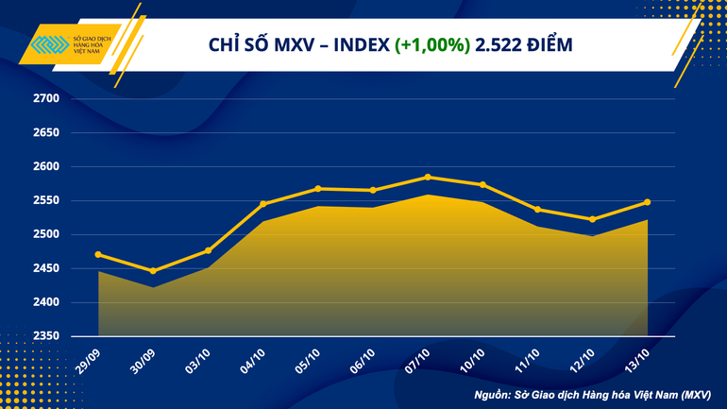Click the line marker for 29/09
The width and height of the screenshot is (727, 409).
point(99,255)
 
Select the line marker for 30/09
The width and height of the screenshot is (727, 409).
point(154,271)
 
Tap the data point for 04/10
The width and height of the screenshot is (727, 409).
point(263,203)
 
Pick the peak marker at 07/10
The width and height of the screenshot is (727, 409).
point(428,177)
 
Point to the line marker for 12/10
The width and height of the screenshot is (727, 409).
point(592,219)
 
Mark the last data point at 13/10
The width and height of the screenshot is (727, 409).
point(647,202)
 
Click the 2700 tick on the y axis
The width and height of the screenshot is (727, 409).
point(45,99)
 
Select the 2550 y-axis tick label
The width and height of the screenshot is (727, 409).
point(45,201)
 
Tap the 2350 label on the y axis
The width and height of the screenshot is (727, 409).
point(45,336)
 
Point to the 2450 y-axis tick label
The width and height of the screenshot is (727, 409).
point(45,269)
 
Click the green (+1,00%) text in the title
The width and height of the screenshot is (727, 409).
point(432,45)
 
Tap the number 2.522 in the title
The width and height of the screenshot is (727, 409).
point(502,45)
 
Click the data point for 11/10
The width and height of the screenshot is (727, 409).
point(537,210)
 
